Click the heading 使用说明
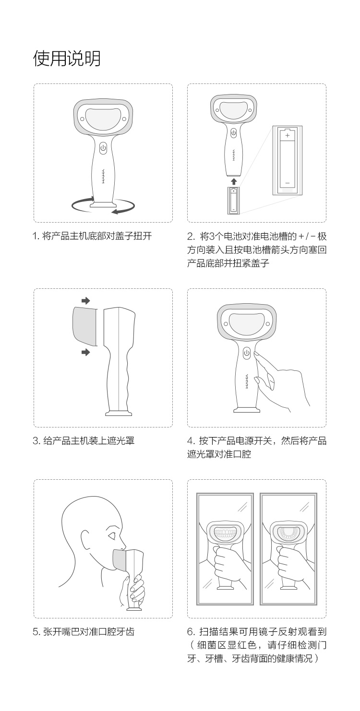tap(67, 59)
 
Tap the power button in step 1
tap(103, 148)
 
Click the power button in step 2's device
tap(233, 133)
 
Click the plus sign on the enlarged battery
tap(288, 136)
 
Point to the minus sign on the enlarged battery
tap(288, 183)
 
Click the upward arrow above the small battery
tap(234, 181)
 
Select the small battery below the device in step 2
tap(234, 200)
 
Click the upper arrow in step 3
tap(86, 300)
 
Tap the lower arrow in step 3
tap(86, 352)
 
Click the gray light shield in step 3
tap(85, 326)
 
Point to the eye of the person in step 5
tap(112, 536)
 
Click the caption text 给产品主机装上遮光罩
tap(89, 440)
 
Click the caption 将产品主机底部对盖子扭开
tap(97, 236)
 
